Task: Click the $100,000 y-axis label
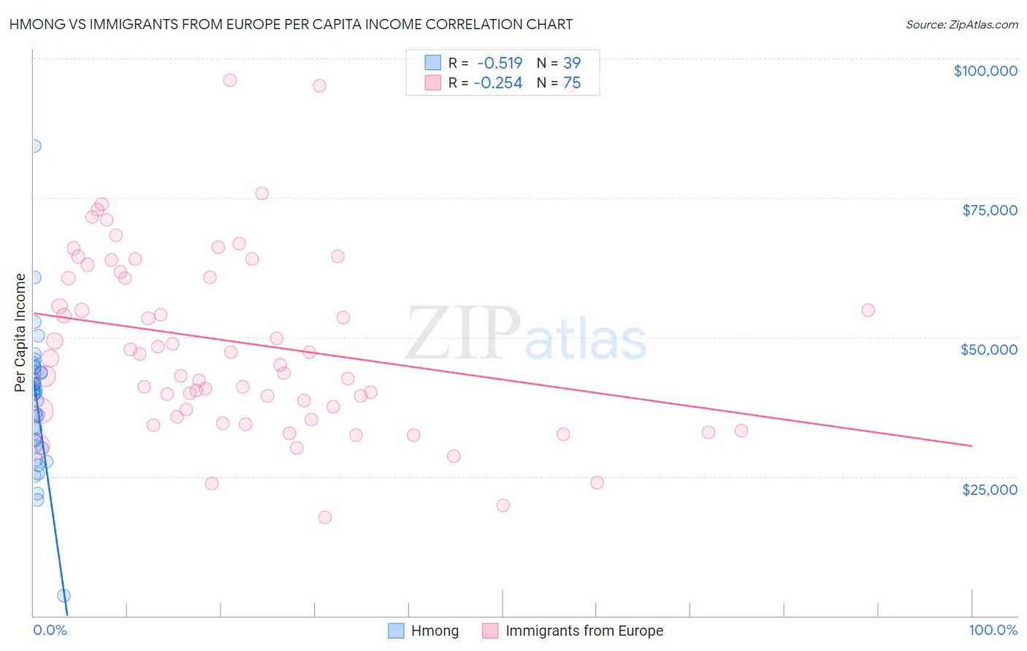coord(985,71)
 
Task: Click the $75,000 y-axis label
coord(989,210)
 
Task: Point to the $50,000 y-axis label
coord(988,350)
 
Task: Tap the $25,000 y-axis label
coord(989,490)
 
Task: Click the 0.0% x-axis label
coord(50,630)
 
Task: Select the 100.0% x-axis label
coord(993,630)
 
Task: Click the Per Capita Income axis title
coord(20,332)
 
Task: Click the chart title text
coord(291,24)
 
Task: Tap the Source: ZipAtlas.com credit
coord(961,24)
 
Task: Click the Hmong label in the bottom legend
coord(435,631)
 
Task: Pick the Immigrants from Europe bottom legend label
coord(584,631)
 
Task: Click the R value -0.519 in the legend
coord(499,63)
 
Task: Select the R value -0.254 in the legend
coord(497,83)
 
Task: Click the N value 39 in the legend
coord(572,63)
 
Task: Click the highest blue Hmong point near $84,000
coord(34,146)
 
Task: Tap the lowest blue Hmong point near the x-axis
coord(64,596)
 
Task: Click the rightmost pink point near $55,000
coord(868,310)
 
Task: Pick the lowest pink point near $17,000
coord(325,517)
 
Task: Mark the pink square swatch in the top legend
coord(432,82)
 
